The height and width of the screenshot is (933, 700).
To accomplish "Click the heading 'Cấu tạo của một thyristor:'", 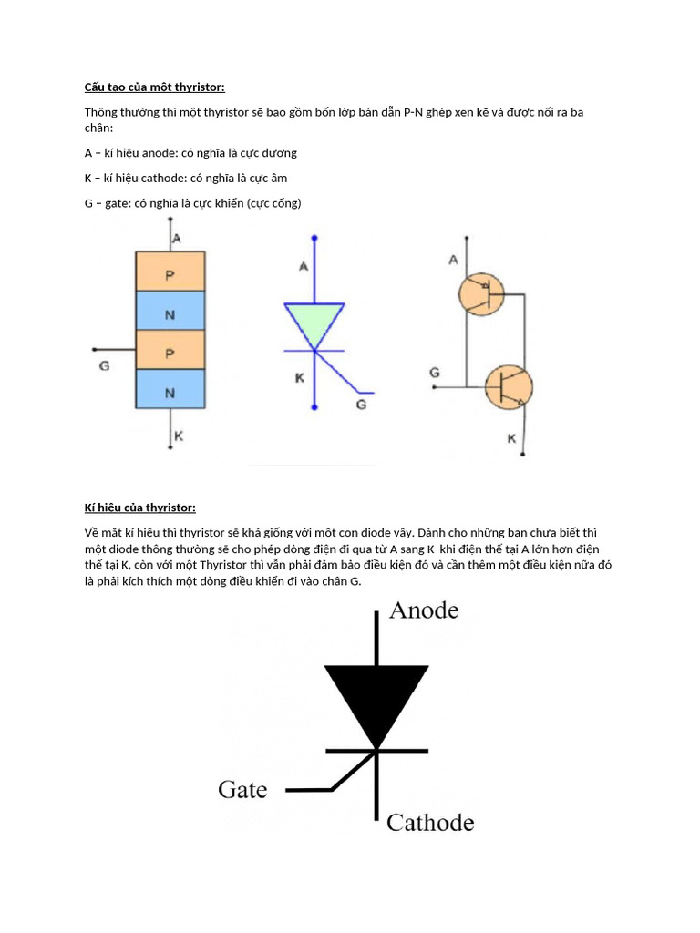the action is click(154, 87).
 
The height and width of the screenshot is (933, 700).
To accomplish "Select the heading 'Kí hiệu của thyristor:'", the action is click(140, 507).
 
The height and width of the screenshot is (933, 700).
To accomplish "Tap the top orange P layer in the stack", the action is click(170, 272).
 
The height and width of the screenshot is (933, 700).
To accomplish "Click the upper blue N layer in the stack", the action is click(170, 311).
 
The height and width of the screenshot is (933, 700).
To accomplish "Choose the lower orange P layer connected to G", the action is click(170, 350).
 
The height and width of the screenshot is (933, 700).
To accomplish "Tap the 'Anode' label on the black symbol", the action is click(423, 610).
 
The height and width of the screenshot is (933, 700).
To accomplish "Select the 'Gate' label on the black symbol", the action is click(242, 790).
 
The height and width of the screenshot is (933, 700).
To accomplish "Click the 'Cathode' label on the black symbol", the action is click(430, 823).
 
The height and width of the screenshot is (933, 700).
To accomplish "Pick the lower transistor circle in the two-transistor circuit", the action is click(507, 386).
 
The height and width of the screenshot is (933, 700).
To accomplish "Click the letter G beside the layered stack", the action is click(103, 366).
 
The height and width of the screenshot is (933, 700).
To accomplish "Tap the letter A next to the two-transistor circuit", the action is click(452, 261).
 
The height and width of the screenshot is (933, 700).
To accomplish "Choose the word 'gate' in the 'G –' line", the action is click(118, 203).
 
